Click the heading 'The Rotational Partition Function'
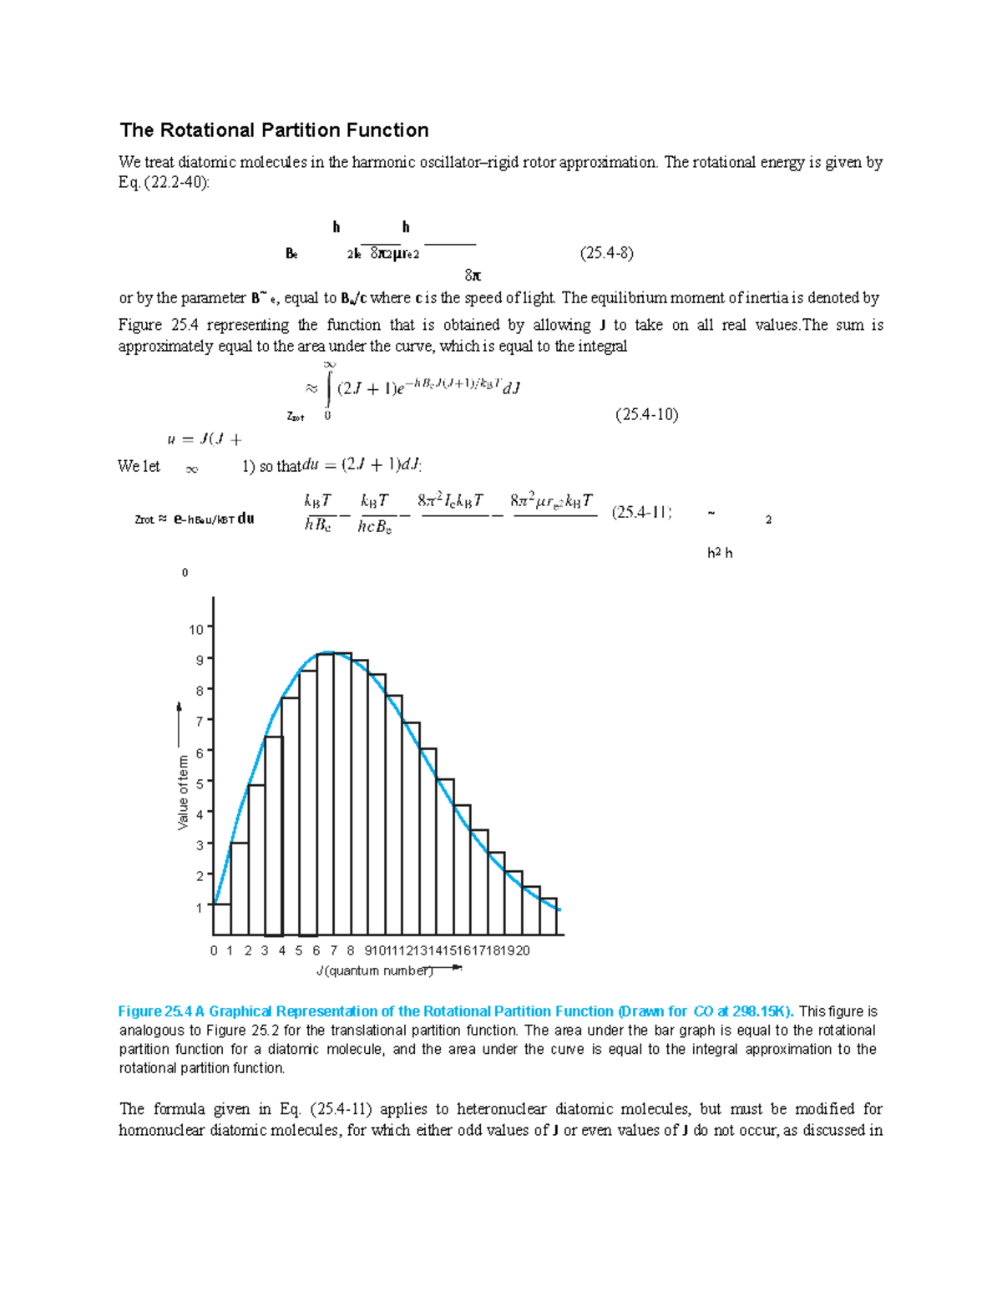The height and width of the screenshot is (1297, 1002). (x=274, y=130)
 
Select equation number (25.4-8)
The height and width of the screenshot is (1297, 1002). (x=606, y=253)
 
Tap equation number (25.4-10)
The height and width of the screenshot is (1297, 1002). (x=646, y=414)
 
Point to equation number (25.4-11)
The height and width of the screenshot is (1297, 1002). (x=641, y=513)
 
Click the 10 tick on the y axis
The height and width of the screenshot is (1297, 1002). (x=196, y=629)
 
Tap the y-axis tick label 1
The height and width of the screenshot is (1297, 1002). (x=200, y=908)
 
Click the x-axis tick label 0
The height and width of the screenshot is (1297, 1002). (x=214, y=950)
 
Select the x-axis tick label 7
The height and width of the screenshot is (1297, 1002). (x=333, y=950)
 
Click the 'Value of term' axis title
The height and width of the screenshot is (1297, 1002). (x=183, y=793)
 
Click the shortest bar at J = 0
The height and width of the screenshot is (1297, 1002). (x=222, y=920)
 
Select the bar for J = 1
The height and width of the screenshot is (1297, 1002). (x=240, y=889)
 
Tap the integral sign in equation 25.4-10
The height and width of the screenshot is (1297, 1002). (x=329, y=388)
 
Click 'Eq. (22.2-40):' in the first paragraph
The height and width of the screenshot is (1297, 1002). (x=164, y=183)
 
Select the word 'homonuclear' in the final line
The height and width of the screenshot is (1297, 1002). (x=162, y=1131)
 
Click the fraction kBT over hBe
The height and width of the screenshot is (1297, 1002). (x=318, y=513)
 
